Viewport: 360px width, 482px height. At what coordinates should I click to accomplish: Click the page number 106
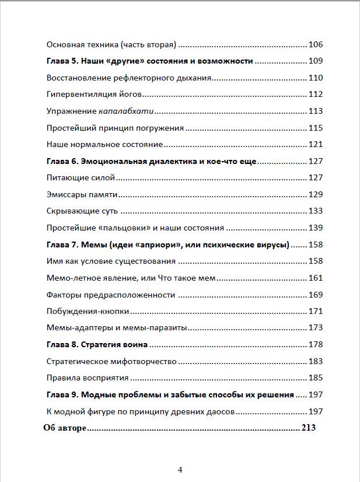point(315,44)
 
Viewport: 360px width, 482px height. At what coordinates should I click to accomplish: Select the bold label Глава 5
point(61,61)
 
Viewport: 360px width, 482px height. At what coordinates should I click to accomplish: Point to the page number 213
point(308,428)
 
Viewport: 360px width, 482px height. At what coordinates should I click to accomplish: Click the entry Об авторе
point(65,428)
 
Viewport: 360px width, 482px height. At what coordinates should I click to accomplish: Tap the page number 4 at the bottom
point(180,469)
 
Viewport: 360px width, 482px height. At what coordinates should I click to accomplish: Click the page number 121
point(315,144)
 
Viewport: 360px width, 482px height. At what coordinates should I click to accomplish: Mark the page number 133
point(315,211)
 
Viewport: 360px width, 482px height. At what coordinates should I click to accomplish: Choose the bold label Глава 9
point(61,394)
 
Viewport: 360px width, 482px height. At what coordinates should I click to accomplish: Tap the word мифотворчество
point(144,361)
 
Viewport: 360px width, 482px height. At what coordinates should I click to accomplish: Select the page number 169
point(315,294)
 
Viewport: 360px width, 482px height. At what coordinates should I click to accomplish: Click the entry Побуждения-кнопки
point(88,311)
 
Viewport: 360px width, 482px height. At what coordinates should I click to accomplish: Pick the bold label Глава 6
point(61,161)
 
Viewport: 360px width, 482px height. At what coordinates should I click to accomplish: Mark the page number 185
point(315,378)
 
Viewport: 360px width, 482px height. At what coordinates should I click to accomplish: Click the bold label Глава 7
point(61,245)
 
